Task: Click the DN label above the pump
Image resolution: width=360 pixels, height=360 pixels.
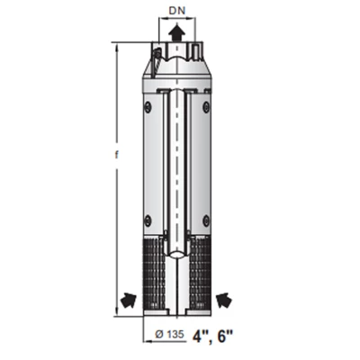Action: pyautogui.click(x=177, y=12)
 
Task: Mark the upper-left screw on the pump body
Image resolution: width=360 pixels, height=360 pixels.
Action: pyautogui.click(x=148, y=107)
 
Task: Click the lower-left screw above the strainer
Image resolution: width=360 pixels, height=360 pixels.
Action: pyautogui.click(x=148, y=219)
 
